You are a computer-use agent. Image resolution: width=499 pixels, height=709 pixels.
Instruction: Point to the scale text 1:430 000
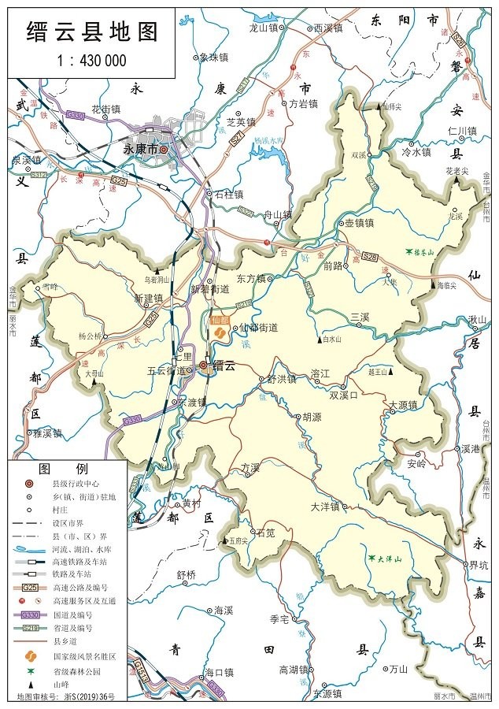pyautogui.click(x=92, y=60)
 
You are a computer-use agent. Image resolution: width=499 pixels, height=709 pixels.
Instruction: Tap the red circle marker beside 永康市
pyautogui.click(x=164, y=148)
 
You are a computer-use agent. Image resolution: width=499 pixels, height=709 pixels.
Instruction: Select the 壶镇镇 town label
pyautogui.click(x=358, y=223)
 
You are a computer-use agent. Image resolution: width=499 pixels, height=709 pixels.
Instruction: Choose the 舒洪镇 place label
pyautogui.click(x=281, y=379)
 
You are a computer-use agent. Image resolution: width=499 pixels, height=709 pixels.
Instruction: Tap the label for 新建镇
pyautogui.click(x=146, y=299)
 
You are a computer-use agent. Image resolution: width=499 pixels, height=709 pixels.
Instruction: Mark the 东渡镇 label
pyautogui.click(x=190, y=402)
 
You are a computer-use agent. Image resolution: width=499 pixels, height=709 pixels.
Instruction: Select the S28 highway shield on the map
pyautogui.click(x=371, y=257)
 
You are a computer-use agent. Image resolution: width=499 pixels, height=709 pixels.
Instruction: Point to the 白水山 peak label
pyautogui.click(x=335, y=340)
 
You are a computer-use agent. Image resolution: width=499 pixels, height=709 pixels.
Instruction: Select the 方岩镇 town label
pyautogui.click(x=301, y=103)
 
